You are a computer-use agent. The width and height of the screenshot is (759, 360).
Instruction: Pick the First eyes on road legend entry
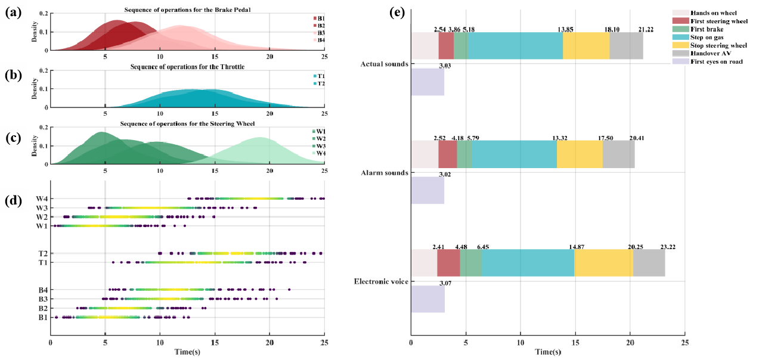coord(715,61)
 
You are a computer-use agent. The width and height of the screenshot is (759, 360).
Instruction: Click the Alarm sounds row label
coord(385,173)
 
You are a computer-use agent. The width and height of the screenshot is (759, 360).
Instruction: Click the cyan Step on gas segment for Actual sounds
coord(515,46)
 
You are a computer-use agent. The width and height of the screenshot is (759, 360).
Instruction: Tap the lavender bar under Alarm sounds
coord(427,190)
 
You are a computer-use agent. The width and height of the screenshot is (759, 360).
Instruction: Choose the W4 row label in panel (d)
coord(42,198)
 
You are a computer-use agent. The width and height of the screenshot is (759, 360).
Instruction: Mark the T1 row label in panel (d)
coord(42,263)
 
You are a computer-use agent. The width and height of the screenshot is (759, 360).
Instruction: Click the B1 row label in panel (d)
coord(42,318)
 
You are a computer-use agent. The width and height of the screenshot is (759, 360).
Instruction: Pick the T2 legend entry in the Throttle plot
coord(316,83)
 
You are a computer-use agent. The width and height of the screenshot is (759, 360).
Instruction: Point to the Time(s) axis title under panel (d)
coord(187,352)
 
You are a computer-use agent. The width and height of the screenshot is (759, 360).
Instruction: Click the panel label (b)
coord(13,76)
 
